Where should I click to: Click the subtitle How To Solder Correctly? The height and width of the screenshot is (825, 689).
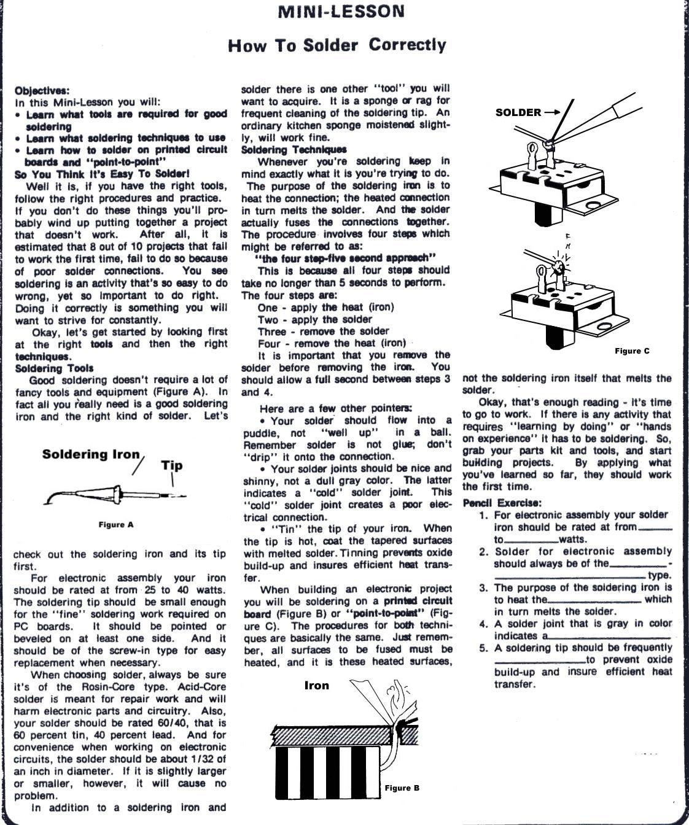pyautogui.click(x=337, y=45)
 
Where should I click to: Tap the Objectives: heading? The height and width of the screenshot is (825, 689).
pyautogui.click(x=42, y=90)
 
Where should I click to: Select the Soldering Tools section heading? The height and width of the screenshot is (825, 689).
pyautogui.click(x=54, y=368)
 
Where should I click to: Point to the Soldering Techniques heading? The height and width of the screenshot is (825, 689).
pyautogui.click(x=294, y=149)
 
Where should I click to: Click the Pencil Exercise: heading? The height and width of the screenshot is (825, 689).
pyautogui.click(x=502, y=503)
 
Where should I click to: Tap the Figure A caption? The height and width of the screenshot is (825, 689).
pyautogui.click(x=115, y=525)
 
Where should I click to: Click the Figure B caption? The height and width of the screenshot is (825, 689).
pyautogui.click(x=402, y=788)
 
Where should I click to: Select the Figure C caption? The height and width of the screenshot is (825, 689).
pyautogui.click(x=632, y=351)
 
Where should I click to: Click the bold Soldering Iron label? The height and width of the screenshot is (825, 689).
pyautogui.click(x=91, y=455)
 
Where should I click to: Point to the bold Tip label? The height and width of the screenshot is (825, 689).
pyautogui.click(x=171, y=465)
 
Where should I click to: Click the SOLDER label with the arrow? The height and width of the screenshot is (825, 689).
pyautogui.click(x=518, y=112)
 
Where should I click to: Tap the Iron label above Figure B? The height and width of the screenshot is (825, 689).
pyautogui.click(x=317, y=686)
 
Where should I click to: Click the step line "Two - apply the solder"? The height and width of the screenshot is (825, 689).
pyautogui.click(x=315, y=319)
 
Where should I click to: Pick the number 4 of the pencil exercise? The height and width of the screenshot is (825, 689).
pyautogui.click(x=484, y=624)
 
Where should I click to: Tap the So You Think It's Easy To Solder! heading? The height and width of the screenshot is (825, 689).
pyautogui.click(x=102, y=174)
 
